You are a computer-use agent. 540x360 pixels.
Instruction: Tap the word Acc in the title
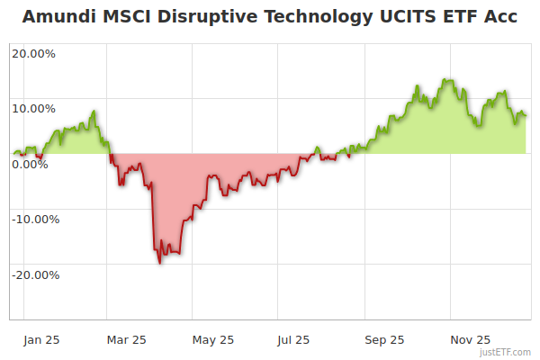499,17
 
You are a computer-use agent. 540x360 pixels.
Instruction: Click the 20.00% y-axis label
33,53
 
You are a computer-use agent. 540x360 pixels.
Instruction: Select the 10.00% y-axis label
33,109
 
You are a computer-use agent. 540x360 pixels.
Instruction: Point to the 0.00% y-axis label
30,164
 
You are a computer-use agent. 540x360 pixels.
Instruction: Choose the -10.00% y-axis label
35,219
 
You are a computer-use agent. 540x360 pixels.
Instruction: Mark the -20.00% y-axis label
35,274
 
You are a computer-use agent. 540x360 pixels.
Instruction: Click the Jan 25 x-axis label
41,340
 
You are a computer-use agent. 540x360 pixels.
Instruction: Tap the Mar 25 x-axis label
126,340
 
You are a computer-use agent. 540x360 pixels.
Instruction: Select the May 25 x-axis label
213,340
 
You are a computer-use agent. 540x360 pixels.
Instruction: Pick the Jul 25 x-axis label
292,340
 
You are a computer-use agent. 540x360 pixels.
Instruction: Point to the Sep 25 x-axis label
384,340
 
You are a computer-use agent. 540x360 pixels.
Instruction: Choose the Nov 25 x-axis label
470,340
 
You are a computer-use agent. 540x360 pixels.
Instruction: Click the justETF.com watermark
506,352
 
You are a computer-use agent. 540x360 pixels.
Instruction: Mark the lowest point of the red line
160,263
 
